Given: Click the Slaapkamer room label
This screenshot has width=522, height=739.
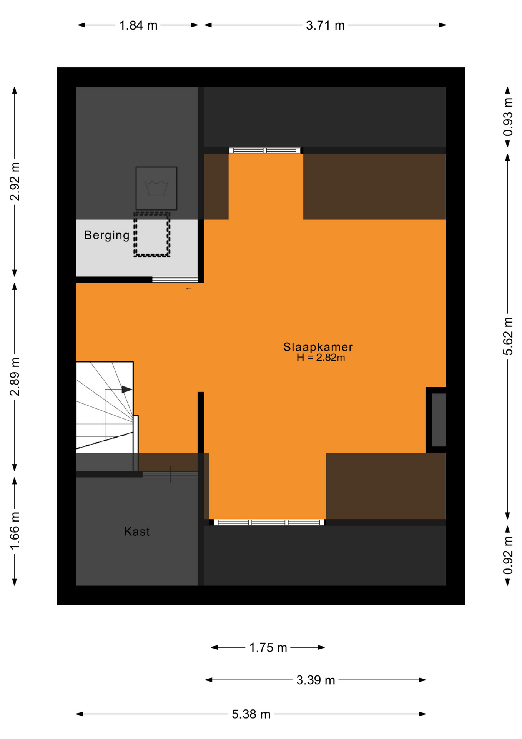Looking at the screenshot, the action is click(318, 347).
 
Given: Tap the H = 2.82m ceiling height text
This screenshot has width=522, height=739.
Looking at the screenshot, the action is click(321, 358).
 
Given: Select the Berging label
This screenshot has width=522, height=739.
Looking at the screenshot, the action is click(107, 235).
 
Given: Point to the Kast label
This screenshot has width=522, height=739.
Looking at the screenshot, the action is click(137, 532).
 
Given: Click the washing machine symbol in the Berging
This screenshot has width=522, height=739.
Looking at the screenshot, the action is click(156, 188).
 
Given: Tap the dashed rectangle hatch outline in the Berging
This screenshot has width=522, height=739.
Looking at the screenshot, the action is click(152, 234).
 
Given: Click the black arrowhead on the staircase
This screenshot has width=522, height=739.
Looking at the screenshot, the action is click(126, 390).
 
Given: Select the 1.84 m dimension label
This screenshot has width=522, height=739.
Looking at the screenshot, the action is click(138, 25).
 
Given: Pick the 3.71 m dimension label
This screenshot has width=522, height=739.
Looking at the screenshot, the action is click(325, 25).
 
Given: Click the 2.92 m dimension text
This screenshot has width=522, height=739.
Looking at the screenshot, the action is click(15, 181).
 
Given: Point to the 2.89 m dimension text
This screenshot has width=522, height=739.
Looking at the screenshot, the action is click(15, 377).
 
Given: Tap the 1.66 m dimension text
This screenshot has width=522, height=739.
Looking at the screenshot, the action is click(15, 532).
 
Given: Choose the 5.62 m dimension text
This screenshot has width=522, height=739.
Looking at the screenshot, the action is click(508, 336).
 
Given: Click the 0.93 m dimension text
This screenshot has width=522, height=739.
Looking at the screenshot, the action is click(508, 117).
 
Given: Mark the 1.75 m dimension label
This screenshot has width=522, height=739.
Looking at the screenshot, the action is click(268, 648).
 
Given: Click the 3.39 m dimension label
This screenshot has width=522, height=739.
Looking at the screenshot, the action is click(316, 680).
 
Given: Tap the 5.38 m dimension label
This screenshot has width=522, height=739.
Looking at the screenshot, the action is click(251, 714).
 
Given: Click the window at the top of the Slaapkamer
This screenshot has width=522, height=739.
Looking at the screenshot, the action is click(265, 150).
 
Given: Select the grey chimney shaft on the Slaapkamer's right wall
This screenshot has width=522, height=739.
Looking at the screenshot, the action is click(438, 420).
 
